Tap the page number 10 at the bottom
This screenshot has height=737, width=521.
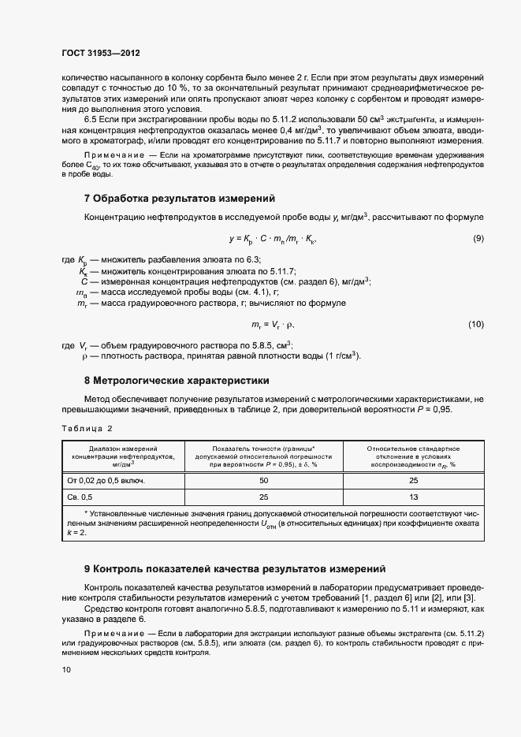[66, 669]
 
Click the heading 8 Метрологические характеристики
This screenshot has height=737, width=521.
[177, 380]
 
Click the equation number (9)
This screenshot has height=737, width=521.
[478, 238]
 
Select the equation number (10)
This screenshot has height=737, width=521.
[475, 324]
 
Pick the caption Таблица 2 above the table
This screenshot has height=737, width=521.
[87, 428]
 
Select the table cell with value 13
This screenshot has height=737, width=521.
[413, 497]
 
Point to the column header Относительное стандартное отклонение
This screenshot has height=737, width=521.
[413, 456]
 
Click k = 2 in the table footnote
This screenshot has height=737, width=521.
[77, 533]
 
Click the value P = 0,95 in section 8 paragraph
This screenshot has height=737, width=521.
[433, 410]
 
